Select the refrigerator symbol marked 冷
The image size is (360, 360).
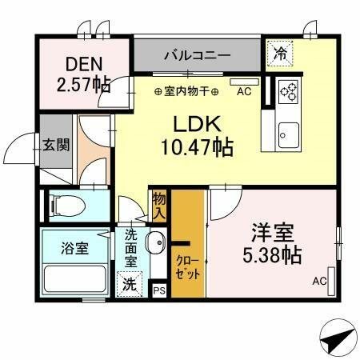[x=280, y=54]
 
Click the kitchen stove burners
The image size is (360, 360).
[x=289, y=92]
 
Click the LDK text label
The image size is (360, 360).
[x=200, y=123]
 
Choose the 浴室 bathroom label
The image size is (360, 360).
[x=73, y=248]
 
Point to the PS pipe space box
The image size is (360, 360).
[x=158, y=290]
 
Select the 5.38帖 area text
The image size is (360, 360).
[x=274, y=256]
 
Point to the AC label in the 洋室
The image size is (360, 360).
[x=320, y=281]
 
